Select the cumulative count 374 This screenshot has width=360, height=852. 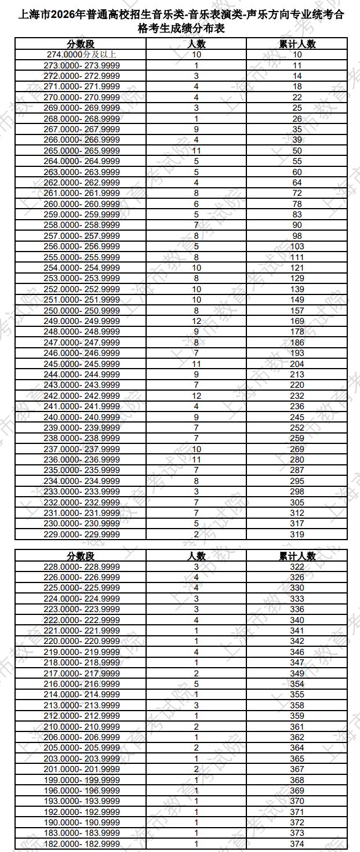point(297,843)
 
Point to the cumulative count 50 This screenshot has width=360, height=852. point(297,150)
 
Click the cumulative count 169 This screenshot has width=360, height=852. point(297,321)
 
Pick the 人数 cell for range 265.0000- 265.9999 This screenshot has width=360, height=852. point(197,150)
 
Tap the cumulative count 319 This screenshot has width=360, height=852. point(297,534)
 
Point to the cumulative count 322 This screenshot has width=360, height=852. point(297,566)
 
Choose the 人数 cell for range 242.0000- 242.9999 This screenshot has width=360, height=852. point(197,395)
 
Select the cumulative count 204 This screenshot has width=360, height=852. point(297,363)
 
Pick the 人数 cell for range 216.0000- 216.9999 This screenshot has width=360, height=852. point(197,683)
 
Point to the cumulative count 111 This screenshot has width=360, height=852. point(297,257)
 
